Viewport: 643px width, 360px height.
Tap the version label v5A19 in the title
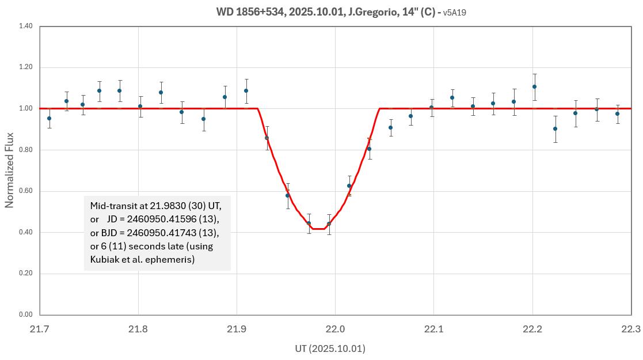point(455,12)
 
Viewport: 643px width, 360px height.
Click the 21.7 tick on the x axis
point(40,329)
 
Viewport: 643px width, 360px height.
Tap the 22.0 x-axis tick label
point(335,329)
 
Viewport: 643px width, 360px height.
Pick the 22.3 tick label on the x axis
point(631,329)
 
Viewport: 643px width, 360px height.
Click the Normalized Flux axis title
point(10,170)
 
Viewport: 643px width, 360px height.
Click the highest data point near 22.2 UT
point(534,87)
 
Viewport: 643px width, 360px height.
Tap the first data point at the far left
point(50,118)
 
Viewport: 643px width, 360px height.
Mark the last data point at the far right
point(617,113)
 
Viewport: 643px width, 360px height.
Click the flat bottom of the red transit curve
point(319,229)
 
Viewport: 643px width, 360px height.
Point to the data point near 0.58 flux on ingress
point(288,195)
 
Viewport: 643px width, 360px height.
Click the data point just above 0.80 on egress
point(369,149)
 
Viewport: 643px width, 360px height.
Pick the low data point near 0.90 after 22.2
point(555,128)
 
